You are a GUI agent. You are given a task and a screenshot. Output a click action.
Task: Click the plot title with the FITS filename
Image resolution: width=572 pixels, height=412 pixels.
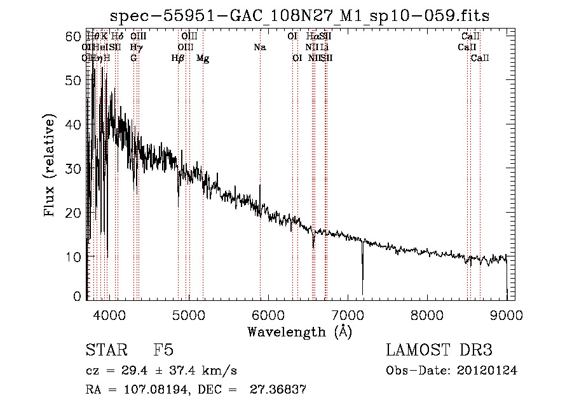pos(299,15)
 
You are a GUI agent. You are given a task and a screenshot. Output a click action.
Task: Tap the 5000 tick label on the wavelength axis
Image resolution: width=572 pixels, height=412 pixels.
pos(188,314)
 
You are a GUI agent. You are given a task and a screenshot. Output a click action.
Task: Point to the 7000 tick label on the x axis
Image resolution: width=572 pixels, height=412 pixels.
pos(348,314)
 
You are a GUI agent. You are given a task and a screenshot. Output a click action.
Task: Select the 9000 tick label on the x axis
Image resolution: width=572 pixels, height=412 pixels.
pos(507,314)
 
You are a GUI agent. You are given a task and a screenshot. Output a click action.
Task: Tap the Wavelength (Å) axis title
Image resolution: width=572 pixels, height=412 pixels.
pos(299,331)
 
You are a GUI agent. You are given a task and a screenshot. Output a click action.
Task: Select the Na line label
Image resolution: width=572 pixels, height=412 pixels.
pos(259,48)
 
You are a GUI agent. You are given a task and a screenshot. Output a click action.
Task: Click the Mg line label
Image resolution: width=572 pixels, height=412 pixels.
pos(203,58)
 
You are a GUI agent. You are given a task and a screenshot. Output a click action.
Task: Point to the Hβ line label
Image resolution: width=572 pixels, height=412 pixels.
pos(178,58)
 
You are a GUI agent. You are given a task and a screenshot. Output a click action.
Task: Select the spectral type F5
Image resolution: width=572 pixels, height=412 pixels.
pos(163,351)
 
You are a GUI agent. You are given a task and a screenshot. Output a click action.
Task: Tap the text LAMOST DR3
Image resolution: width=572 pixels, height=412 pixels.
pos(439,351)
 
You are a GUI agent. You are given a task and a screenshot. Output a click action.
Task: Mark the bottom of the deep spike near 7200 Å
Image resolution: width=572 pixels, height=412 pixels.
pos(363,294)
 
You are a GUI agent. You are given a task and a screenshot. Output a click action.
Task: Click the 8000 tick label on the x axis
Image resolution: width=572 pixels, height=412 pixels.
pos(427,314)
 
